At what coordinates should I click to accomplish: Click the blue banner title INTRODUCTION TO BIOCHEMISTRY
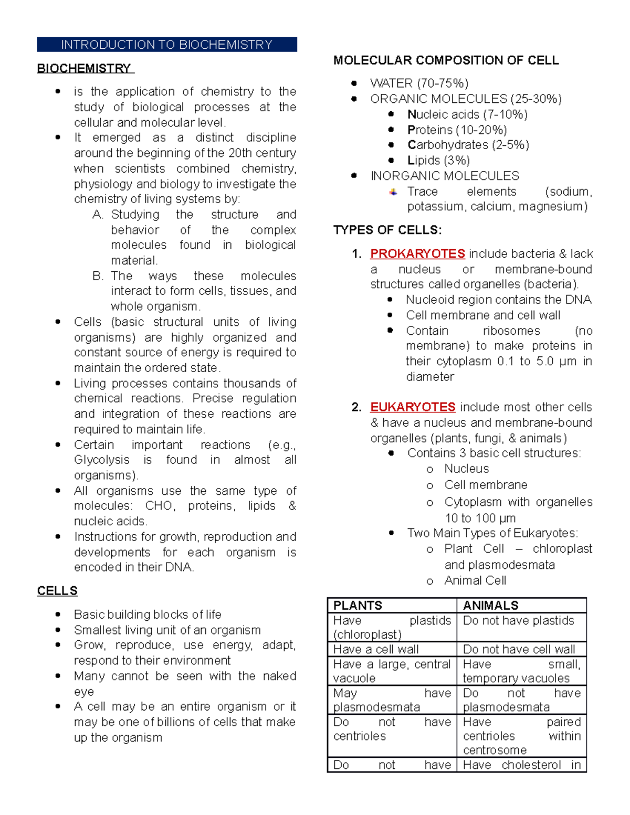click(x=166, y=45)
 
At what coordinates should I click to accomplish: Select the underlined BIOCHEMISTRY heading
click(x=85, y=69)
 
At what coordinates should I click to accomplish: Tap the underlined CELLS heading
click(x=57, y=591)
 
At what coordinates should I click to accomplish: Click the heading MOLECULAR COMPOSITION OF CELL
click(x=446, y=60)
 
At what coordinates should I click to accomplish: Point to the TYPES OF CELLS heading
click(x=387, y=230)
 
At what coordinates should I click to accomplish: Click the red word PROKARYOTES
click(x=417, y=254)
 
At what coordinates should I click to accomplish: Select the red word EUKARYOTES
click(x=413, y=407)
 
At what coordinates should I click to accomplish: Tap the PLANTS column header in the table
click(x=358, y=606)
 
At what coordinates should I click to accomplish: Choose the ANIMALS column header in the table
click(x=490, y=606)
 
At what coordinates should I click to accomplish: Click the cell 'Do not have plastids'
click(x=518, y=620)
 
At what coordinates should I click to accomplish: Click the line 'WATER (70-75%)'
click(x=419, y=83)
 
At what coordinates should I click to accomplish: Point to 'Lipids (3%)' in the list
click(x=438, y=161)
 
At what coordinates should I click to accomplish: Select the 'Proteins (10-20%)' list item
click(x=457, y=130)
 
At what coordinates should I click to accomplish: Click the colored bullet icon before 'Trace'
click(x=393, y=192)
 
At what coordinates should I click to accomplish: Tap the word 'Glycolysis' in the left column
click(x=101, y=460)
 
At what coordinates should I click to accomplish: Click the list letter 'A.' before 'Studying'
click(x=98, y=215)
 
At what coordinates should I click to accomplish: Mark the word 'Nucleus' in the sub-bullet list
click(x=466, y=469)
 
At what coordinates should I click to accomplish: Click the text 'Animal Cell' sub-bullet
click(x=475, y=580)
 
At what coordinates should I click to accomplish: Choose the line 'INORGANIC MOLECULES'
click(x=445, y=176)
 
